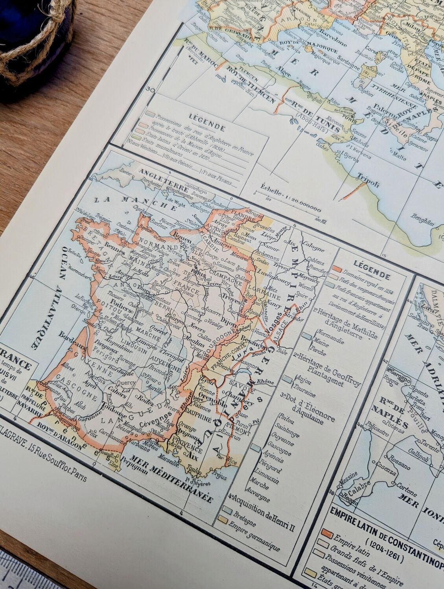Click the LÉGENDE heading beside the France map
pyautogui.click(x=371, y=265)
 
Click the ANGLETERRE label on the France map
pyautogui.click(x=162, y=177)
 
